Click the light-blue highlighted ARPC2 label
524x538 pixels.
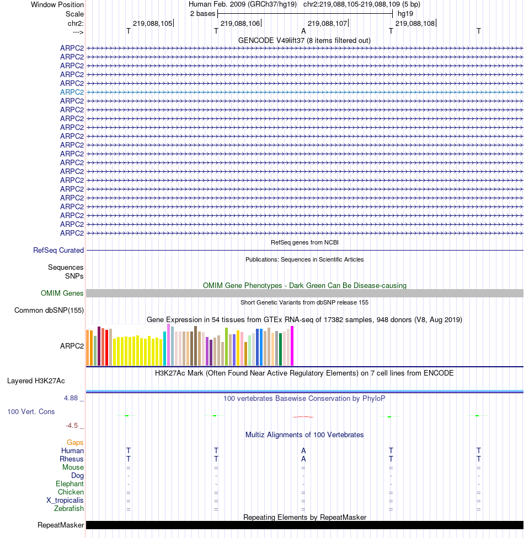72,92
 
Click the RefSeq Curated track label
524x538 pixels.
58,250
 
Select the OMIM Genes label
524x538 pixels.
62,293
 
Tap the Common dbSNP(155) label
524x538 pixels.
49,310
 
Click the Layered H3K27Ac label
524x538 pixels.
36,381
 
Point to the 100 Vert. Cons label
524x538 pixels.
31,411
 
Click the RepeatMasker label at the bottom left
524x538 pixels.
61,525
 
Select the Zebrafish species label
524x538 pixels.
69,508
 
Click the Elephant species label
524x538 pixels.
69,484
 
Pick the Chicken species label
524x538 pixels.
71,492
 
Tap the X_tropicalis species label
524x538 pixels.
65,500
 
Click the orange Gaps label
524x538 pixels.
75,443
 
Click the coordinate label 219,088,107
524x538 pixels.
327,23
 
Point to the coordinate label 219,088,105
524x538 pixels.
153,23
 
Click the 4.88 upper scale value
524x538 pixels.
71,398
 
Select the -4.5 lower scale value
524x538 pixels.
72,426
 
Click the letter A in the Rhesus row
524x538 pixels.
303,459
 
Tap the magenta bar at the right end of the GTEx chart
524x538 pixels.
292,346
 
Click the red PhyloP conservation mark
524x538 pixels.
303,417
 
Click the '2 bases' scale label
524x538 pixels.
203,14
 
